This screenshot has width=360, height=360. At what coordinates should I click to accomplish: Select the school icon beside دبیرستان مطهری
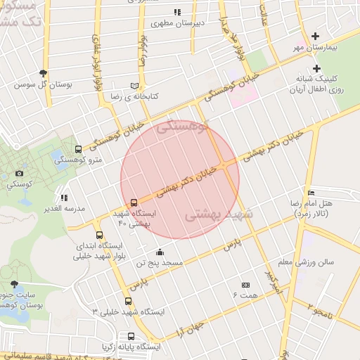click(177, 12)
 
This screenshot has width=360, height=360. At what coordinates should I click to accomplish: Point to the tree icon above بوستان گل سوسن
click(44, 73)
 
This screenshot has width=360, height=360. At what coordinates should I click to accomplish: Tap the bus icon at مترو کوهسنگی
click(78, 150)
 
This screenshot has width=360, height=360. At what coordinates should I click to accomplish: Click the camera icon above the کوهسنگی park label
click(19, 173)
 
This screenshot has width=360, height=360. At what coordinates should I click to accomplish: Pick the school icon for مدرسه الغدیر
click(64, 198)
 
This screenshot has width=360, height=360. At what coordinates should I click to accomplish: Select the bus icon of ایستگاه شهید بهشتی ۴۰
click(134, 203)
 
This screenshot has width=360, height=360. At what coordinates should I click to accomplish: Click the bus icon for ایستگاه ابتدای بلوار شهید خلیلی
click(98, 236)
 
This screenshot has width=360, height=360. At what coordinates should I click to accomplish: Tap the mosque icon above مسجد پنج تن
click(160, 252)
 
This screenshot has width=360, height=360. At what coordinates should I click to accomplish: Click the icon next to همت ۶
click(245, 285)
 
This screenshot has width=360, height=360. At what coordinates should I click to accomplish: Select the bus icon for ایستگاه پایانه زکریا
click(131, 336)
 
